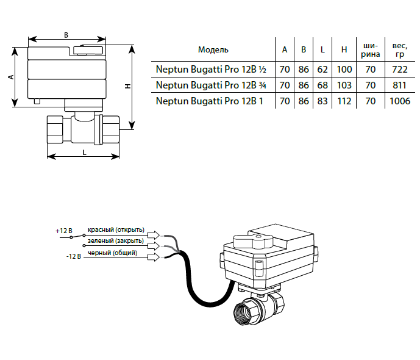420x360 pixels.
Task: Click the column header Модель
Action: [213, 49]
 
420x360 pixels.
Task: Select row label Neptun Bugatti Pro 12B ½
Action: [212, 69]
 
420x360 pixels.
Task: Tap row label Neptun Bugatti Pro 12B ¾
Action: [212, 85]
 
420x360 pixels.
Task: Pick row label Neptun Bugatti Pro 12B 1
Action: [210, 101]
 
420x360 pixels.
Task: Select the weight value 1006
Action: [400, 101]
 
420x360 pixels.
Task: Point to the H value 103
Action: [344, 85]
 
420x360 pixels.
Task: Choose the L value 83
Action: [322, 101]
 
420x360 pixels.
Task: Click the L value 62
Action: [322, 69]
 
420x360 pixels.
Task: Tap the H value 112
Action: [344, 101]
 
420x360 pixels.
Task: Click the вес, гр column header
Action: [400, 49]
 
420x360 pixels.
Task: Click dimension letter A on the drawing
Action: [11, 77]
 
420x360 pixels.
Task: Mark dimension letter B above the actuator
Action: [66, 35]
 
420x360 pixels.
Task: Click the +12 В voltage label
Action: [64, 232]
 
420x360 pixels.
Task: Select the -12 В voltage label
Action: [73, 257]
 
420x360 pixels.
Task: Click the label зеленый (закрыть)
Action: [116, 242]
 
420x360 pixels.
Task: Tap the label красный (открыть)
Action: [116, 230]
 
